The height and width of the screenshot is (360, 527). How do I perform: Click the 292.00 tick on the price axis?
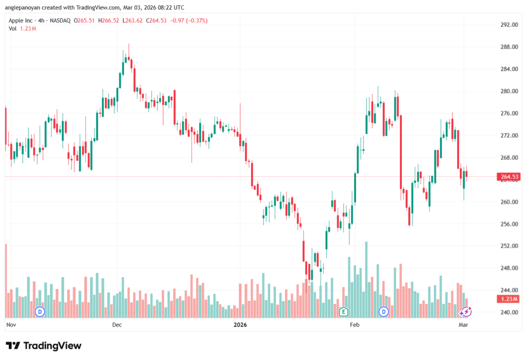point(508,25)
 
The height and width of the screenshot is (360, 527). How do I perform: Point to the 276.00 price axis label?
point(508,113)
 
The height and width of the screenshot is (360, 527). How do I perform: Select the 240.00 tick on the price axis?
point(508,313)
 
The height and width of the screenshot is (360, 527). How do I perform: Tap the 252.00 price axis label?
point(508,246)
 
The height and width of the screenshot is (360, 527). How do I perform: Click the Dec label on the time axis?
point(116,325)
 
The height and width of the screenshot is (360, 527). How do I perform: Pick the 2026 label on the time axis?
point(240,325)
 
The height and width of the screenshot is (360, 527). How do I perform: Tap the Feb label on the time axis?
point(354,325)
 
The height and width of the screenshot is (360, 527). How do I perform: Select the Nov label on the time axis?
point(11,325)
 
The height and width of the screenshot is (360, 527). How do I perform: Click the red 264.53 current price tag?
point(508,177)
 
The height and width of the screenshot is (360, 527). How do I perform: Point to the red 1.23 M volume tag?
point(508,299)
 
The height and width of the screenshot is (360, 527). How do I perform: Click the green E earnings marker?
point(343,312)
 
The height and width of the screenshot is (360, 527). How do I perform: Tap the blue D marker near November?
point(40,312)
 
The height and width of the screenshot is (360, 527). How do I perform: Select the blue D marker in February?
point(383,312)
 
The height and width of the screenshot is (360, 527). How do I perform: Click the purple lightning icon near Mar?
point(465,312)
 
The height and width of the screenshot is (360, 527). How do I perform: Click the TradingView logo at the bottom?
point(44,346)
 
